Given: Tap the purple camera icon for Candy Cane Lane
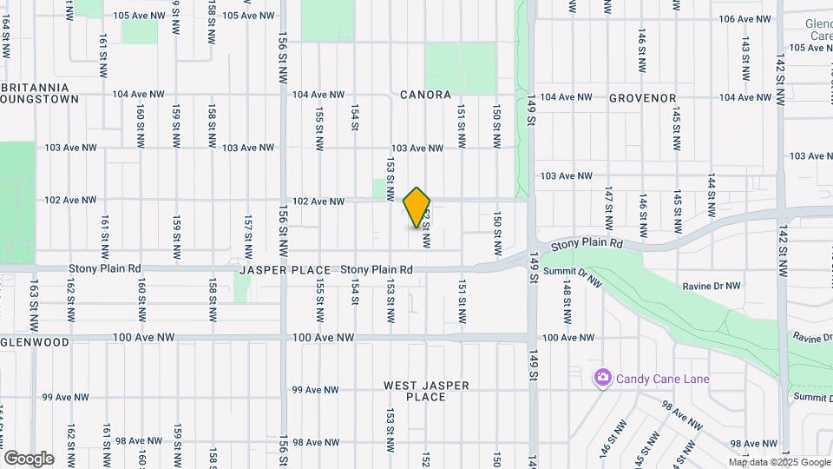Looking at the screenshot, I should [x=602, y=378].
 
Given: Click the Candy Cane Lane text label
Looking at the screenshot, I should [x=663, y=379].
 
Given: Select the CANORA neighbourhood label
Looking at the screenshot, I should [x=425, y=95].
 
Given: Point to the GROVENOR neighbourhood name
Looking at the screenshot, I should [x=642, y=98].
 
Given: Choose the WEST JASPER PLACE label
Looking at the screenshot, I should [x=426, y=391].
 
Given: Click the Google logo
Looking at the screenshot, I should [x=29, y=459].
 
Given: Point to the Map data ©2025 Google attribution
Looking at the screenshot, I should [x=779, y=462].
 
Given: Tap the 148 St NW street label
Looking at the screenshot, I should [x=567, y=299].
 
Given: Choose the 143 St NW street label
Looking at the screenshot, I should [x=744, y=56].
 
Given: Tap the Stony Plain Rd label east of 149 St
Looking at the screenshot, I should [x=587, y=245].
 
